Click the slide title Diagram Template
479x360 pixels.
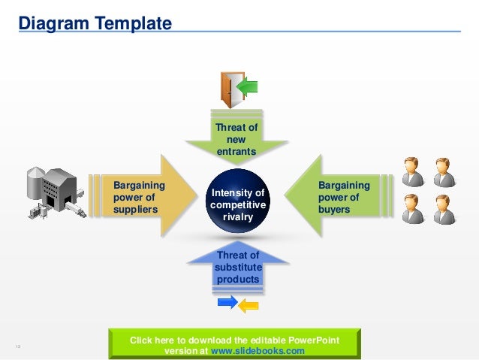95,24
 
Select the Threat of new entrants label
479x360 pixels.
236,139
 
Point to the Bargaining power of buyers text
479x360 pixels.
344,197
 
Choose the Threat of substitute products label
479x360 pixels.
237,268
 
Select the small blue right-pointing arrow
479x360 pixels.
227,302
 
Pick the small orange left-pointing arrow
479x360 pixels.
248,305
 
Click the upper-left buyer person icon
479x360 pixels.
411,171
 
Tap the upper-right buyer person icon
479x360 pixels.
443,171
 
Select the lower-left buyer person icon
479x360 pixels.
411,208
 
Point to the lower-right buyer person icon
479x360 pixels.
443,208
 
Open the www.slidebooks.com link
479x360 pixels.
258,351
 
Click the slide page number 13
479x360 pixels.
17,346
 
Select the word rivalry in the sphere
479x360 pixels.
237,217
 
